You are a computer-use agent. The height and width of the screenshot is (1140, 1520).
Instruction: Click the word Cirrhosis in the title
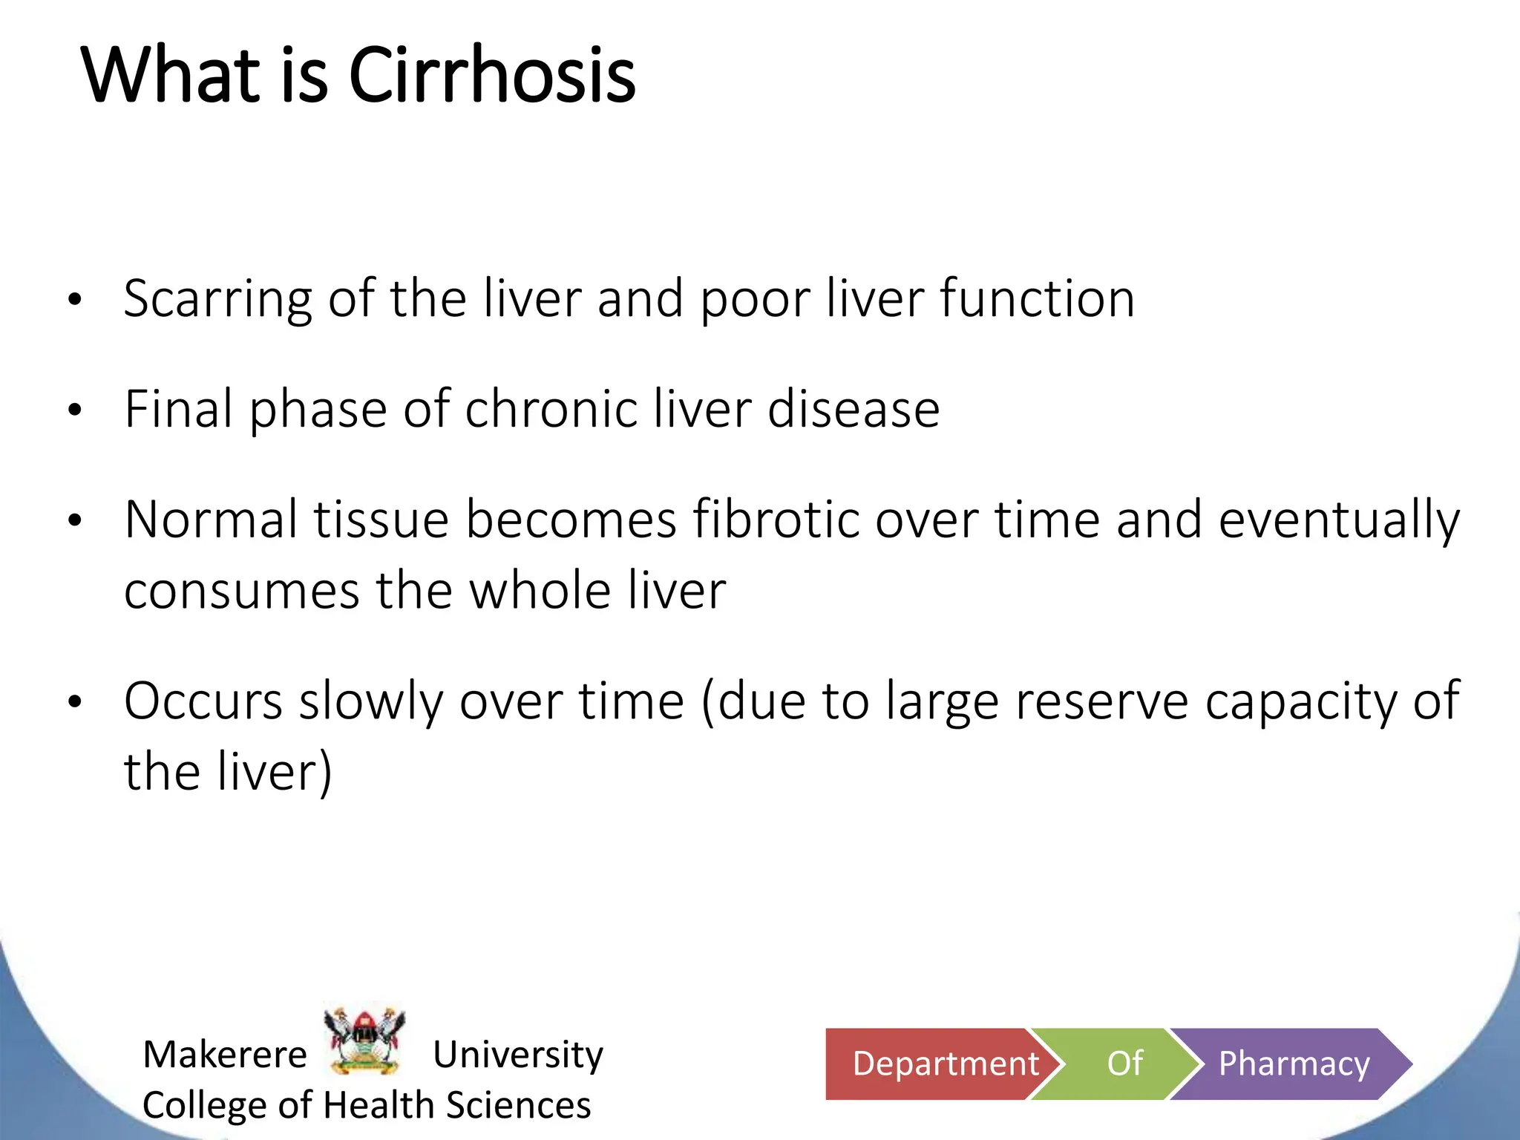click(x=491, y=75)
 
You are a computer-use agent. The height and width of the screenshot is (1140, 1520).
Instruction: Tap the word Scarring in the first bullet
click(x=217, y=299)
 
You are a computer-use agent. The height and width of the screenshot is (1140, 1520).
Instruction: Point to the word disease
click(x=854, y=410)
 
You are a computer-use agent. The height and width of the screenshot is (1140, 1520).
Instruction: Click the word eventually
click(x=1339, y=520)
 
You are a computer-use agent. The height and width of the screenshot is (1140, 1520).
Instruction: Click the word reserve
click(x=1101, y=701)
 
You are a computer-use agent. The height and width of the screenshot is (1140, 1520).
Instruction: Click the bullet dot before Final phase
click(x=74, y=410)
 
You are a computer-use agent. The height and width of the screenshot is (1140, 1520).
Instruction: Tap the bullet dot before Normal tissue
click(x=74, y=520)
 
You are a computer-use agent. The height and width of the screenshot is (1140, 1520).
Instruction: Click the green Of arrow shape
click(x=1121, y=1064)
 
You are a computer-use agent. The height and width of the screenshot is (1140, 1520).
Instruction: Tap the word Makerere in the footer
click(x=225, y=1054)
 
